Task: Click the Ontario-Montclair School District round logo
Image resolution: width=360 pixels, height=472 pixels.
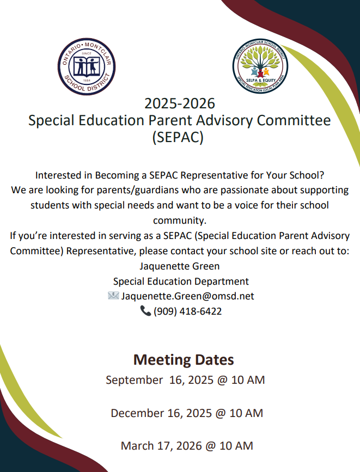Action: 87,66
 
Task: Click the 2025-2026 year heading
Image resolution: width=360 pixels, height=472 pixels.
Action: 180,102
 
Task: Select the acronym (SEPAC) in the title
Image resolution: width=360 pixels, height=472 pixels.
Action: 180,137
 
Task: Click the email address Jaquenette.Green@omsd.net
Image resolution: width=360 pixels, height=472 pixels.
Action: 187,296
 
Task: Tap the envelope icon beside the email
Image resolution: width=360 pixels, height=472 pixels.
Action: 113,296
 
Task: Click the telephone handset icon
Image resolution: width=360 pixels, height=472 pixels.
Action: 145,311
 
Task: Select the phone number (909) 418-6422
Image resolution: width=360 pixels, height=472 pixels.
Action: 187,311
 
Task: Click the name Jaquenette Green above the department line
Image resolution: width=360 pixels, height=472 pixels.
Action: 180,267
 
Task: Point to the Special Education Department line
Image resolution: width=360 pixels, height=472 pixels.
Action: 181,281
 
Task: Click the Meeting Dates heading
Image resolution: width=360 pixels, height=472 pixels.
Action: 184,360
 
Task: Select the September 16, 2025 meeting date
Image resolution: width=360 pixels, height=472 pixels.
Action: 185,379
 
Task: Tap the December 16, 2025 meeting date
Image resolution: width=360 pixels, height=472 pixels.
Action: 187,413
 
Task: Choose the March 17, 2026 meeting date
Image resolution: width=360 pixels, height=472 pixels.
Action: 187,445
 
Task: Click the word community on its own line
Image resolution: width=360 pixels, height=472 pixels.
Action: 180,221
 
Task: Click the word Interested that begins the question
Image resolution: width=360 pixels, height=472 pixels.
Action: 64,176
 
